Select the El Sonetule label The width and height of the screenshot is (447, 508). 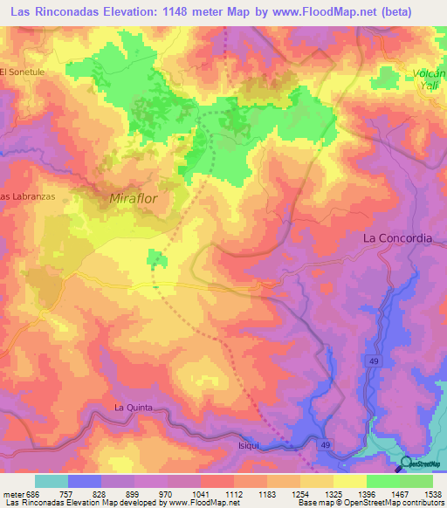[x=22, y=72]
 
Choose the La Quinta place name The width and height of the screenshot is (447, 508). [x=134, y=408]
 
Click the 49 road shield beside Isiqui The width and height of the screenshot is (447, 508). [x=326, y=444]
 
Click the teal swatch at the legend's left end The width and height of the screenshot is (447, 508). [x=51, y=481]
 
